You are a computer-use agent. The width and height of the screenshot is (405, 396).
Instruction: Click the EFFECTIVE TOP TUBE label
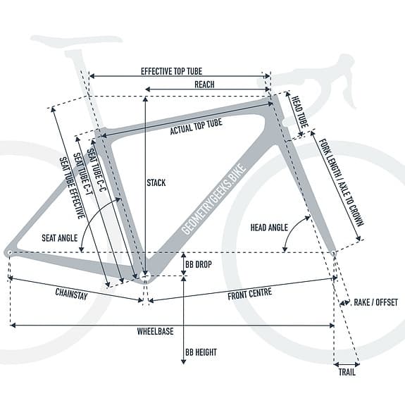[x=171, y=71]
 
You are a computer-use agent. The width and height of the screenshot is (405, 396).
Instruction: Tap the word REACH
[x=204, y=85]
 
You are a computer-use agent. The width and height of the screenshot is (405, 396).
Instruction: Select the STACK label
[x=156, y=183]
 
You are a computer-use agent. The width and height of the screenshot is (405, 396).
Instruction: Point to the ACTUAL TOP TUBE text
[x=196, y=127]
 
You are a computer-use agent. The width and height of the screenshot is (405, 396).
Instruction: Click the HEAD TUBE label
[x=300, y=112]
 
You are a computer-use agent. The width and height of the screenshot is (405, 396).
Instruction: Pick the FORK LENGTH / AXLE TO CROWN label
[x=342, y=182]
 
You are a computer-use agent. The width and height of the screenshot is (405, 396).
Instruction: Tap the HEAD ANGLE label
[x=269, y=228]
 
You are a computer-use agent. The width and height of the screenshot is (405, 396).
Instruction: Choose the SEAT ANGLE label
[x=60, y=238]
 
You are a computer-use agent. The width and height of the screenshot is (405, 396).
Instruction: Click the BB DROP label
[x=199, y=264]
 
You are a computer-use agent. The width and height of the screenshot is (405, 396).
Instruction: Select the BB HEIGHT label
[x=201, y=352]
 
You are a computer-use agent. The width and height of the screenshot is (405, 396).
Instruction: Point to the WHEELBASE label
[x=155, y=331]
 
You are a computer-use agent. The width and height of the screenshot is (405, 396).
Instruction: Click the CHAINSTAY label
[x=71, y=294]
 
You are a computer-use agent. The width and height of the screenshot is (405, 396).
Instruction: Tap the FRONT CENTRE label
[x=250, y=294]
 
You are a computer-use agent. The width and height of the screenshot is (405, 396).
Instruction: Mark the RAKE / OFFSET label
[x=375, y=302]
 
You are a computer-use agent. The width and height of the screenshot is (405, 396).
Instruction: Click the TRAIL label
[x=347, y=372]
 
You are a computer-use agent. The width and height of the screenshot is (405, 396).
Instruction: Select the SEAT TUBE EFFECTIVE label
[x=73, y=188]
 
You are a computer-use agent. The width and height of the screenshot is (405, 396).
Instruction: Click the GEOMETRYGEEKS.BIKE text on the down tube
[x=213, y=199]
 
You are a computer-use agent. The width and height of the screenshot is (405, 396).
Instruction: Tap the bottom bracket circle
[x=145, y=276]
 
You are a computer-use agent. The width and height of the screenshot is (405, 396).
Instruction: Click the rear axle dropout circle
[x=10, y=252]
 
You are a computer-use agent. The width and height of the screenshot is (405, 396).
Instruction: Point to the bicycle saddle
[x=76, y=42]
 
